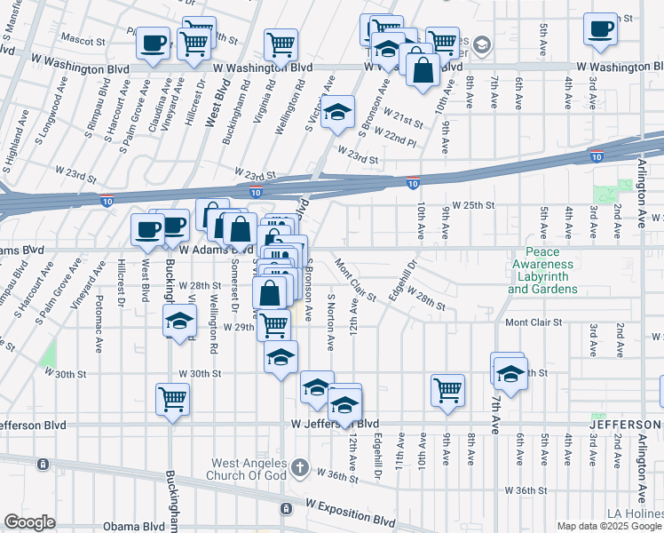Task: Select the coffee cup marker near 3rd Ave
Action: [600, 28]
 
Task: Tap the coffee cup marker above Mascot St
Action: [153, 43]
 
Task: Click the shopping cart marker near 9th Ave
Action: [447, 389]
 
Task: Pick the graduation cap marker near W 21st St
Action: [337, 113]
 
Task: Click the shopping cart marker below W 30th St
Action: [172, 399]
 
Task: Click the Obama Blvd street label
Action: [133, 526]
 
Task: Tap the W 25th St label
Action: [472, 205]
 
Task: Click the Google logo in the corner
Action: [29, 521]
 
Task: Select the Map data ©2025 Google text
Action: [608, 526]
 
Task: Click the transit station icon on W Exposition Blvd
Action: [286, 509]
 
